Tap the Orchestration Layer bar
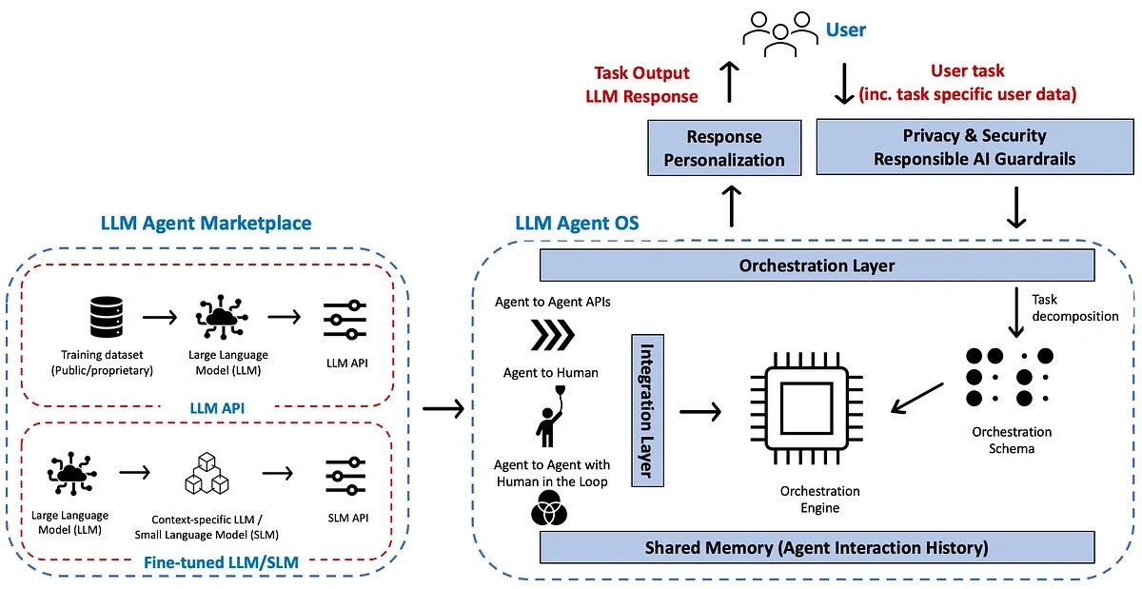point(817,265)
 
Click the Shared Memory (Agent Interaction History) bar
point(817,548)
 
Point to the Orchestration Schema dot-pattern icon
point(1010,377)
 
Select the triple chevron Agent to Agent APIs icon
point(552,336)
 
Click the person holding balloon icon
point(551,415)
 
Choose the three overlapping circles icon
point(551,513)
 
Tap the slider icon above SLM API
point(345,475)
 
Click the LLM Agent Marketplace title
point(207,223)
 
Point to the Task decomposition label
point(1074,307)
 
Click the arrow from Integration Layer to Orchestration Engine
point(700,411)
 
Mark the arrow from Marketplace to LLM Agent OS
point(443,408)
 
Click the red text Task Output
point(641,73)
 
